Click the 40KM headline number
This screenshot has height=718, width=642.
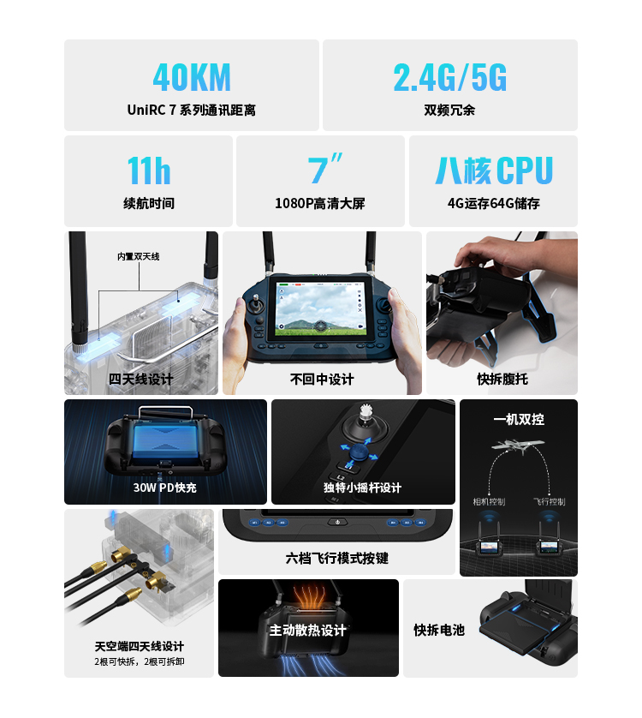192,78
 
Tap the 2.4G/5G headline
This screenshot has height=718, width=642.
449,78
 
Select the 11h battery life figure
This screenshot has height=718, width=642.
149,171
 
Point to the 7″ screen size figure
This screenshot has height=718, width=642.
324,169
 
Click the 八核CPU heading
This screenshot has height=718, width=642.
494,171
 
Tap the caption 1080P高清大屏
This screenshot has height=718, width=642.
320,203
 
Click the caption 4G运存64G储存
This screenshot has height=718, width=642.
493,203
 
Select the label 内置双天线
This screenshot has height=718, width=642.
138,256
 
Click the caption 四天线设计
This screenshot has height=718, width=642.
140,380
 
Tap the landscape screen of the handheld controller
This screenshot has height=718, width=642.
321,309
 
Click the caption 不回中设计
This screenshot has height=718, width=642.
322,380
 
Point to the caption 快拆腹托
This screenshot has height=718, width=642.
502,380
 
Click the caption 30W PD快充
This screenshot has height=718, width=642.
164,488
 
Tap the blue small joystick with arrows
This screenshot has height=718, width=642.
360,452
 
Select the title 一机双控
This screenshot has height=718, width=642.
519,420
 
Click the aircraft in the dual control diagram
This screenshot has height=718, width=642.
518,446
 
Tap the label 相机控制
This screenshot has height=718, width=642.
489,501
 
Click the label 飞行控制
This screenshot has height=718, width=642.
549,501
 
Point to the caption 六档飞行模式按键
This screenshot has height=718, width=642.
336,558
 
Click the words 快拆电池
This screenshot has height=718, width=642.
439,630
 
